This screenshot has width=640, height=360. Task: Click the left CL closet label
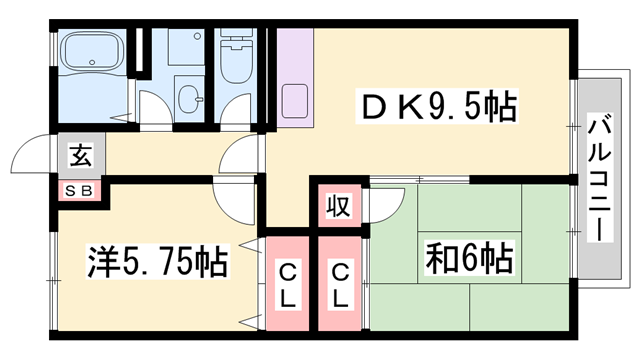coord(288,285)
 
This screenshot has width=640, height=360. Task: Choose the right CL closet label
coord(341,285)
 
